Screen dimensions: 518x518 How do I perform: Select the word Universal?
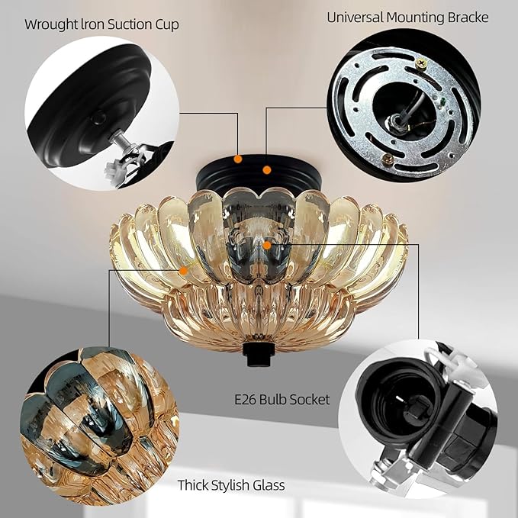pyautogui.click(x=352, y=18)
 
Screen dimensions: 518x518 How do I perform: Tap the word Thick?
pyautogui.click(x=194, y=484)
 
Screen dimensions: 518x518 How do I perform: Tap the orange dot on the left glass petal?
pyautogui.click(x=183, y=270)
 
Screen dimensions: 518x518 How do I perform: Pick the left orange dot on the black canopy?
pyautogui.click(x=238, y=159)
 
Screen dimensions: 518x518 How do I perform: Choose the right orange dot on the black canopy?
pyautogui.click(x=267, y=169)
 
